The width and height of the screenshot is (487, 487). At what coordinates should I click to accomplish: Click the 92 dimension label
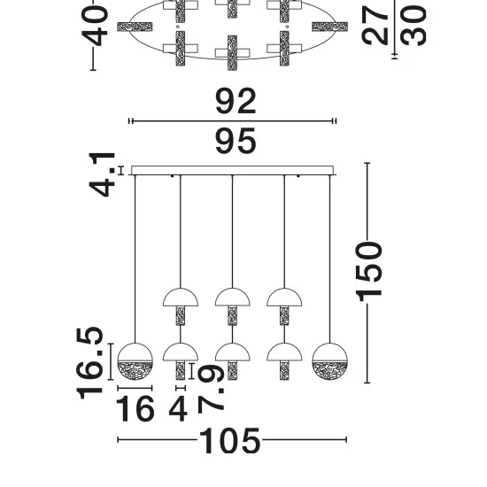(236, 101)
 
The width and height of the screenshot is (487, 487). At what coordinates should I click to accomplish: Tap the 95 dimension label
(236, 141)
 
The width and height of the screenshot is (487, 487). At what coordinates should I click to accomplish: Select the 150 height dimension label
(369, 272)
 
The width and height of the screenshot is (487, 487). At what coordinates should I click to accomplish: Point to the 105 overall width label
(229, 440)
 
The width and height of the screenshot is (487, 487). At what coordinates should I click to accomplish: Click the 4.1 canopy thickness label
(102, 174)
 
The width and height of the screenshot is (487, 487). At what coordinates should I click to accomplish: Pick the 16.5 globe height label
(89, 363)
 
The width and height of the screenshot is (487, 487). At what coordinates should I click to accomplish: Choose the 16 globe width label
(135, 409)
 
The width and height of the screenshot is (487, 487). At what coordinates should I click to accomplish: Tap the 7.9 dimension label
(211, 388)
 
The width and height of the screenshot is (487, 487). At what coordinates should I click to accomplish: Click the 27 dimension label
(375, 26)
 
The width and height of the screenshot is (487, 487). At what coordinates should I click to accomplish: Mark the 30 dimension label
(414, 26)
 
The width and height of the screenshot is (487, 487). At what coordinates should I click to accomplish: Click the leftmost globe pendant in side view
(135, 361)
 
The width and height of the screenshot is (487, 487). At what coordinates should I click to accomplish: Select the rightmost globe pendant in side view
(330, 361)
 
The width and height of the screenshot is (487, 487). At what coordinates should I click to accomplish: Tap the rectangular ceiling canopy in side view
(233, 171)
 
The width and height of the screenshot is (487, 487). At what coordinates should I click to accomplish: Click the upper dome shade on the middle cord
(233, 298)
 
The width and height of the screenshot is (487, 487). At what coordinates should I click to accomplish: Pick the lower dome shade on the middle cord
(233, 352)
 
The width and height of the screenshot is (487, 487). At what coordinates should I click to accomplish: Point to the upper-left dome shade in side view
(181, 298)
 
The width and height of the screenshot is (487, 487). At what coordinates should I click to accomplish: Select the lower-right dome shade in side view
(284, 352)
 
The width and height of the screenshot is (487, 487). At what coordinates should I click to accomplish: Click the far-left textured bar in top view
(135, 27)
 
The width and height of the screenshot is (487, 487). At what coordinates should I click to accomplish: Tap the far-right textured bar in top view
(330, 27)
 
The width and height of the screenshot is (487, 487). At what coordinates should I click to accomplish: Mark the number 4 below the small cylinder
(178, 409)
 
